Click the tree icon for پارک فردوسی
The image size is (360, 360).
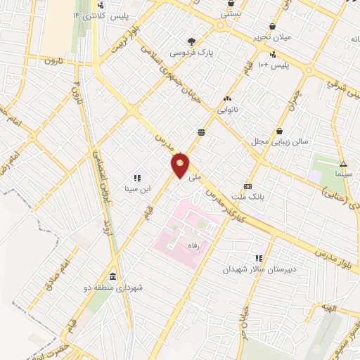pos(192,41)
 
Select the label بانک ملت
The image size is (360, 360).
pos(250,198)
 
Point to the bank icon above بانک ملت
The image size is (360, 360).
pos(247,186)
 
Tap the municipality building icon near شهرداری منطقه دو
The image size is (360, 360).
pos(114,275)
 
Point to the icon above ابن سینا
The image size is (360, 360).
pos(138,178)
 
